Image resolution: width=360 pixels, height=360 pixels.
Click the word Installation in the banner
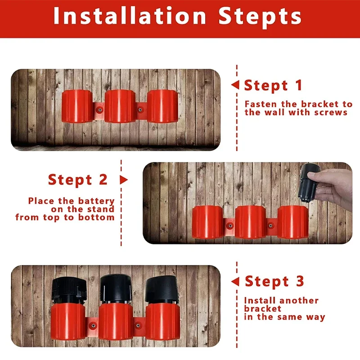coord(130,16)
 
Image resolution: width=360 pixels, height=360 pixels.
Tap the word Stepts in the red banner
coord(260,17)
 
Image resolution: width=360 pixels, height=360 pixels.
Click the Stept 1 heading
coord(273,85)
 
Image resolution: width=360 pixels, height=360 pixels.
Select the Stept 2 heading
coord(77,180)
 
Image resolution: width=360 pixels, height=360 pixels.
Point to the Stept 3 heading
coord(274,282)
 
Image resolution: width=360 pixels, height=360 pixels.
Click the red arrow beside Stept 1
coord(235,85)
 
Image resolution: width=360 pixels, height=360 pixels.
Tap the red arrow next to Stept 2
coord(124,180)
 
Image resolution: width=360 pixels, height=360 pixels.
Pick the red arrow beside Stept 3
coord(235,282)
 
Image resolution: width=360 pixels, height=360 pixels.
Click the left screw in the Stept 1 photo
coord(99,110)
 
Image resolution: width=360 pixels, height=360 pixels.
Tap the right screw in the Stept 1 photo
coord(140,110)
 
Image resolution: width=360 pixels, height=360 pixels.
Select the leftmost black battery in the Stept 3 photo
coord(69,291)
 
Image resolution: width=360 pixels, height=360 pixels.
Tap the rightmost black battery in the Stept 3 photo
coord(162,289)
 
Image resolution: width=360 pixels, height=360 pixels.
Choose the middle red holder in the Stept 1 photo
coord(120,106)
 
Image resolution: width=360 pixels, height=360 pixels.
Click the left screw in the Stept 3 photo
coord(93,325)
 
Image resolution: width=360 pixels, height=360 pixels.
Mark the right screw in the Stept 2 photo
coord(271,226)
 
